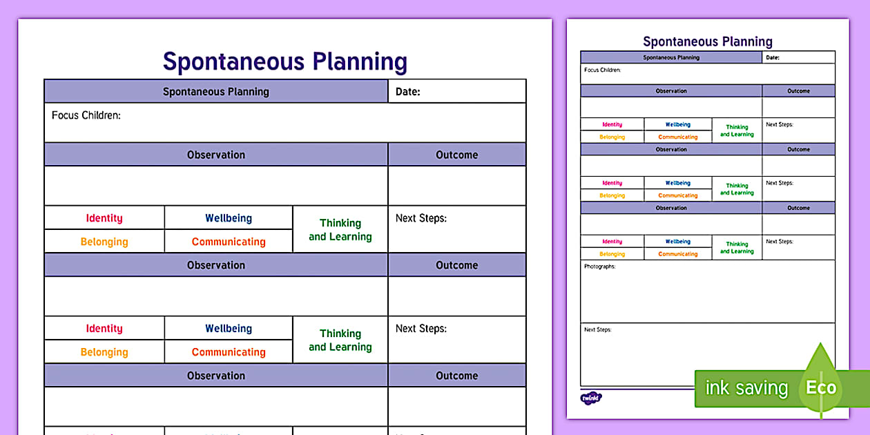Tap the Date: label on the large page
click(x=407, y=92)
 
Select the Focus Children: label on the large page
click(x=86, y=115)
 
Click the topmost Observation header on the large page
click(x=216, y=155)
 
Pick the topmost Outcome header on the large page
click(x=456, y=155)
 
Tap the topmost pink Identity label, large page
click(x=104, y=218)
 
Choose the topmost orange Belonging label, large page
click(x=104, y=242)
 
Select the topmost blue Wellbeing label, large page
click(x=229, y=218)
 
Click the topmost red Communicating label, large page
click(x=229, y=242)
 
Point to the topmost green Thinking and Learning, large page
click(x=340, y=230)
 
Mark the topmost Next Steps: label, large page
click(x=421, y=218)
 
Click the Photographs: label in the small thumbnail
click(x=599, y=267)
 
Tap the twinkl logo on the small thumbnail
click(x=591, y=398)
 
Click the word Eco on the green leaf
click(x=821, y=387)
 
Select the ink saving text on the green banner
click(x=746, y=388)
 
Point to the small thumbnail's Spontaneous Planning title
click(x=708, y=42)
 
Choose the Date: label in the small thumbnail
click(x=773, y=58)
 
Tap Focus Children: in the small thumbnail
click(x=602, y=70)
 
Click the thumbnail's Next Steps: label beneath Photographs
click(x=597, y=330)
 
